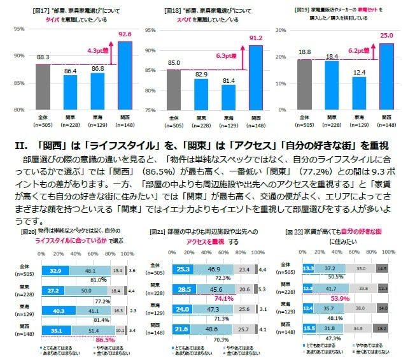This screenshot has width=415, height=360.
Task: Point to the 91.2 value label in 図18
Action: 255,38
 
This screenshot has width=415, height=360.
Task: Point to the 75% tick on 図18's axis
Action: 150,110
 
